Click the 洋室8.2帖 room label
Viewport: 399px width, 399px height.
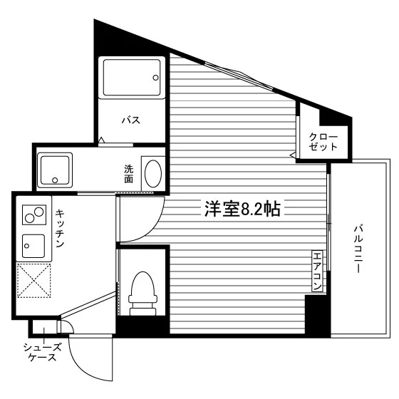point(242,209)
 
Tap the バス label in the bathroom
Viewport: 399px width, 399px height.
point(131,120)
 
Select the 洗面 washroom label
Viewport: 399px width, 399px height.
point(129,174)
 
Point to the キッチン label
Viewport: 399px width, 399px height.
point(60,228)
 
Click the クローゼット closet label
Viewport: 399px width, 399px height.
point(323,142)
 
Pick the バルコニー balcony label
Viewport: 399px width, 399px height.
point(358,249)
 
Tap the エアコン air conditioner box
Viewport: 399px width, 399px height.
point(317,271)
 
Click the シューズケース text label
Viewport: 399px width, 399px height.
point(43,352)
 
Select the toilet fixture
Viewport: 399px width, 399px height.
point(142,294)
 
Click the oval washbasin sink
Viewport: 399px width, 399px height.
point(153,174)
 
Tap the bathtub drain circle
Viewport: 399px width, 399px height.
point(155,78)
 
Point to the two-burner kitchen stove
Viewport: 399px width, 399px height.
point(34,214)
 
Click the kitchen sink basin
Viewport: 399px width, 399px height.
point(33,246)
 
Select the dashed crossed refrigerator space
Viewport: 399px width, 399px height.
point(34,281)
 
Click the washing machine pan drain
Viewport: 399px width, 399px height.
point(55,180)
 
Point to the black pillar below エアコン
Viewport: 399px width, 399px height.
point(317,314)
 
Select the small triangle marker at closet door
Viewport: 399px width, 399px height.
point(293,155)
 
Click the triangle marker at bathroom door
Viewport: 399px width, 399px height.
point(101,140)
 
